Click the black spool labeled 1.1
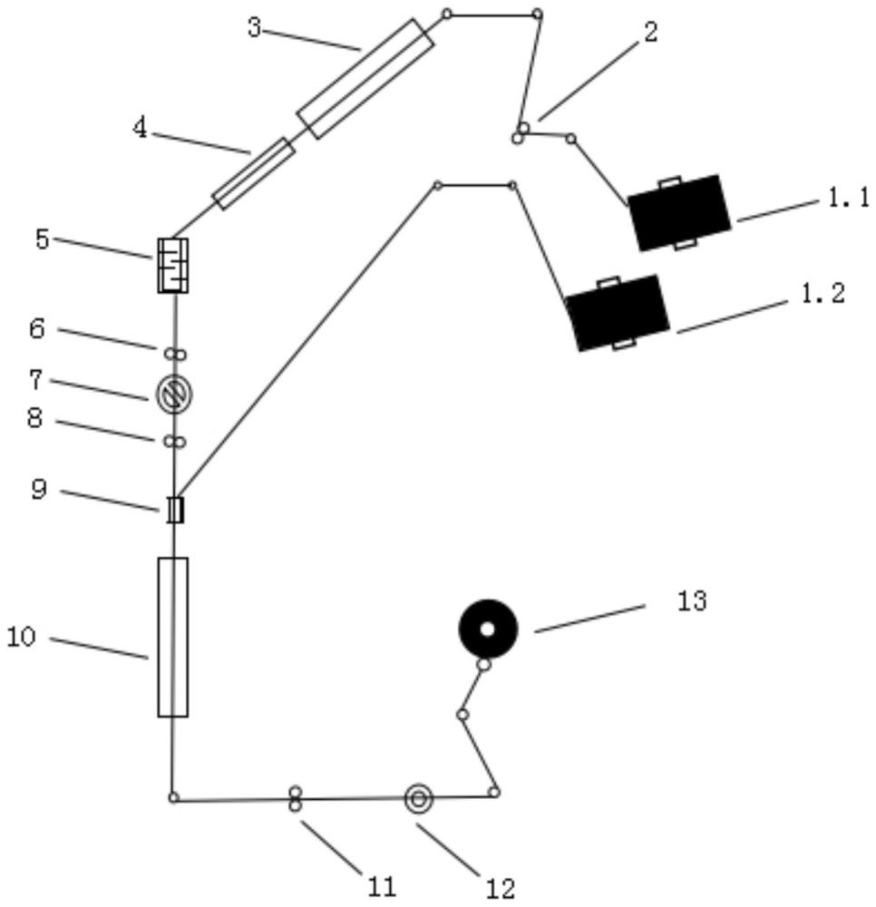click(x=679, y=212)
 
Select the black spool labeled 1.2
click(x=618, y=311)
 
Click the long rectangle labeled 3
click(x=365, y=79)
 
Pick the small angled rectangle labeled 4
click(x=254, y=173)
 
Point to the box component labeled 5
click(x=172, y=265)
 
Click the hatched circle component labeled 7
click(x=173, y=393)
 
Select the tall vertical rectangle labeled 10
click(x=172, y=637)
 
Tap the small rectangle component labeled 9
click(x=175, y=510)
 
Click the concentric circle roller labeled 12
click(x=418, y=798)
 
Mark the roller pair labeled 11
click(x=295, y=799)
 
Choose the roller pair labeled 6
click(x=174, y=353)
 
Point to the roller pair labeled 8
click(x=174, y=442)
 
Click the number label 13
click(x=691, y=600)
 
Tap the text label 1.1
click(x=848, y=199)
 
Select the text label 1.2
click(x=823, y=293)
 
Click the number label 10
click(x=22, y=638)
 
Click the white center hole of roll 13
click(x=487, y=629)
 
